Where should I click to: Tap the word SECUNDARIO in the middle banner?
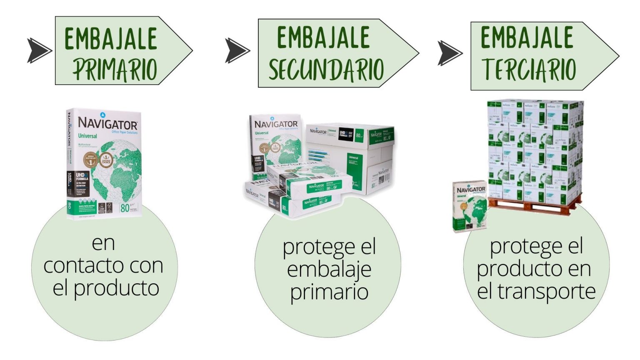326,69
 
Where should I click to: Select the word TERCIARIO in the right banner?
529,69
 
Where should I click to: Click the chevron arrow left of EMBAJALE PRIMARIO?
39,50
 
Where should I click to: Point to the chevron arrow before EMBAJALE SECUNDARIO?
237,50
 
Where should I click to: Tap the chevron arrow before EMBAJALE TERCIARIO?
450,53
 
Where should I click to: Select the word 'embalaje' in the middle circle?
329,269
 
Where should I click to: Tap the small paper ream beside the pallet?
470,206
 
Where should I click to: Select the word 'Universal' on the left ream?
87,136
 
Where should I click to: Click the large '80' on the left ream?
125,207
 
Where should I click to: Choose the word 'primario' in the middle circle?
329,291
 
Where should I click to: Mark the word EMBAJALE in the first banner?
111,39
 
